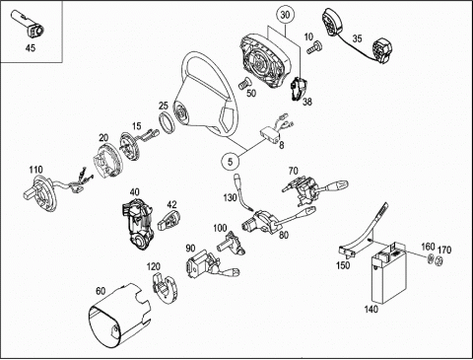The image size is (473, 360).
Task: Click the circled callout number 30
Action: [x=285, y=16]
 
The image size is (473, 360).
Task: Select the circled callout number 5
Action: [x=230, y=162]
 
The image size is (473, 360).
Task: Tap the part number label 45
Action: [x=31, y=48]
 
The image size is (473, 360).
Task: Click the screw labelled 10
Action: [x=314, y=47]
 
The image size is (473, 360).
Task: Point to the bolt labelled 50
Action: [x=243, y=83]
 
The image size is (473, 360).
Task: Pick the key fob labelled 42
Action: [x=169, y=220]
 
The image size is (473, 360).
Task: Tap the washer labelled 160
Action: [x=430, y=258]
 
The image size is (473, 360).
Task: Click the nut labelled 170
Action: [x=439, y=260]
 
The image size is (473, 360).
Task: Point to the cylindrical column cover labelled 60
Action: [x=119, y=315]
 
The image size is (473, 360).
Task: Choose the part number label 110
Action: [x=35, y=170]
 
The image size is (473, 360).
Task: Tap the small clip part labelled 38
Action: [x=298, y=88]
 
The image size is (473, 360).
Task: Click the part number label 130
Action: [x=230, y=198]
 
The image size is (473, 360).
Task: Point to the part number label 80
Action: [x=284, y=235]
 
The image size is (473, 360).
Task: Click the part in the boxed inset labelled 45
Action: [x=29, y=25]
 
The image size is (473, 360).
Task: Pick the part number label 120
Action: [x=154, y=266]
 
